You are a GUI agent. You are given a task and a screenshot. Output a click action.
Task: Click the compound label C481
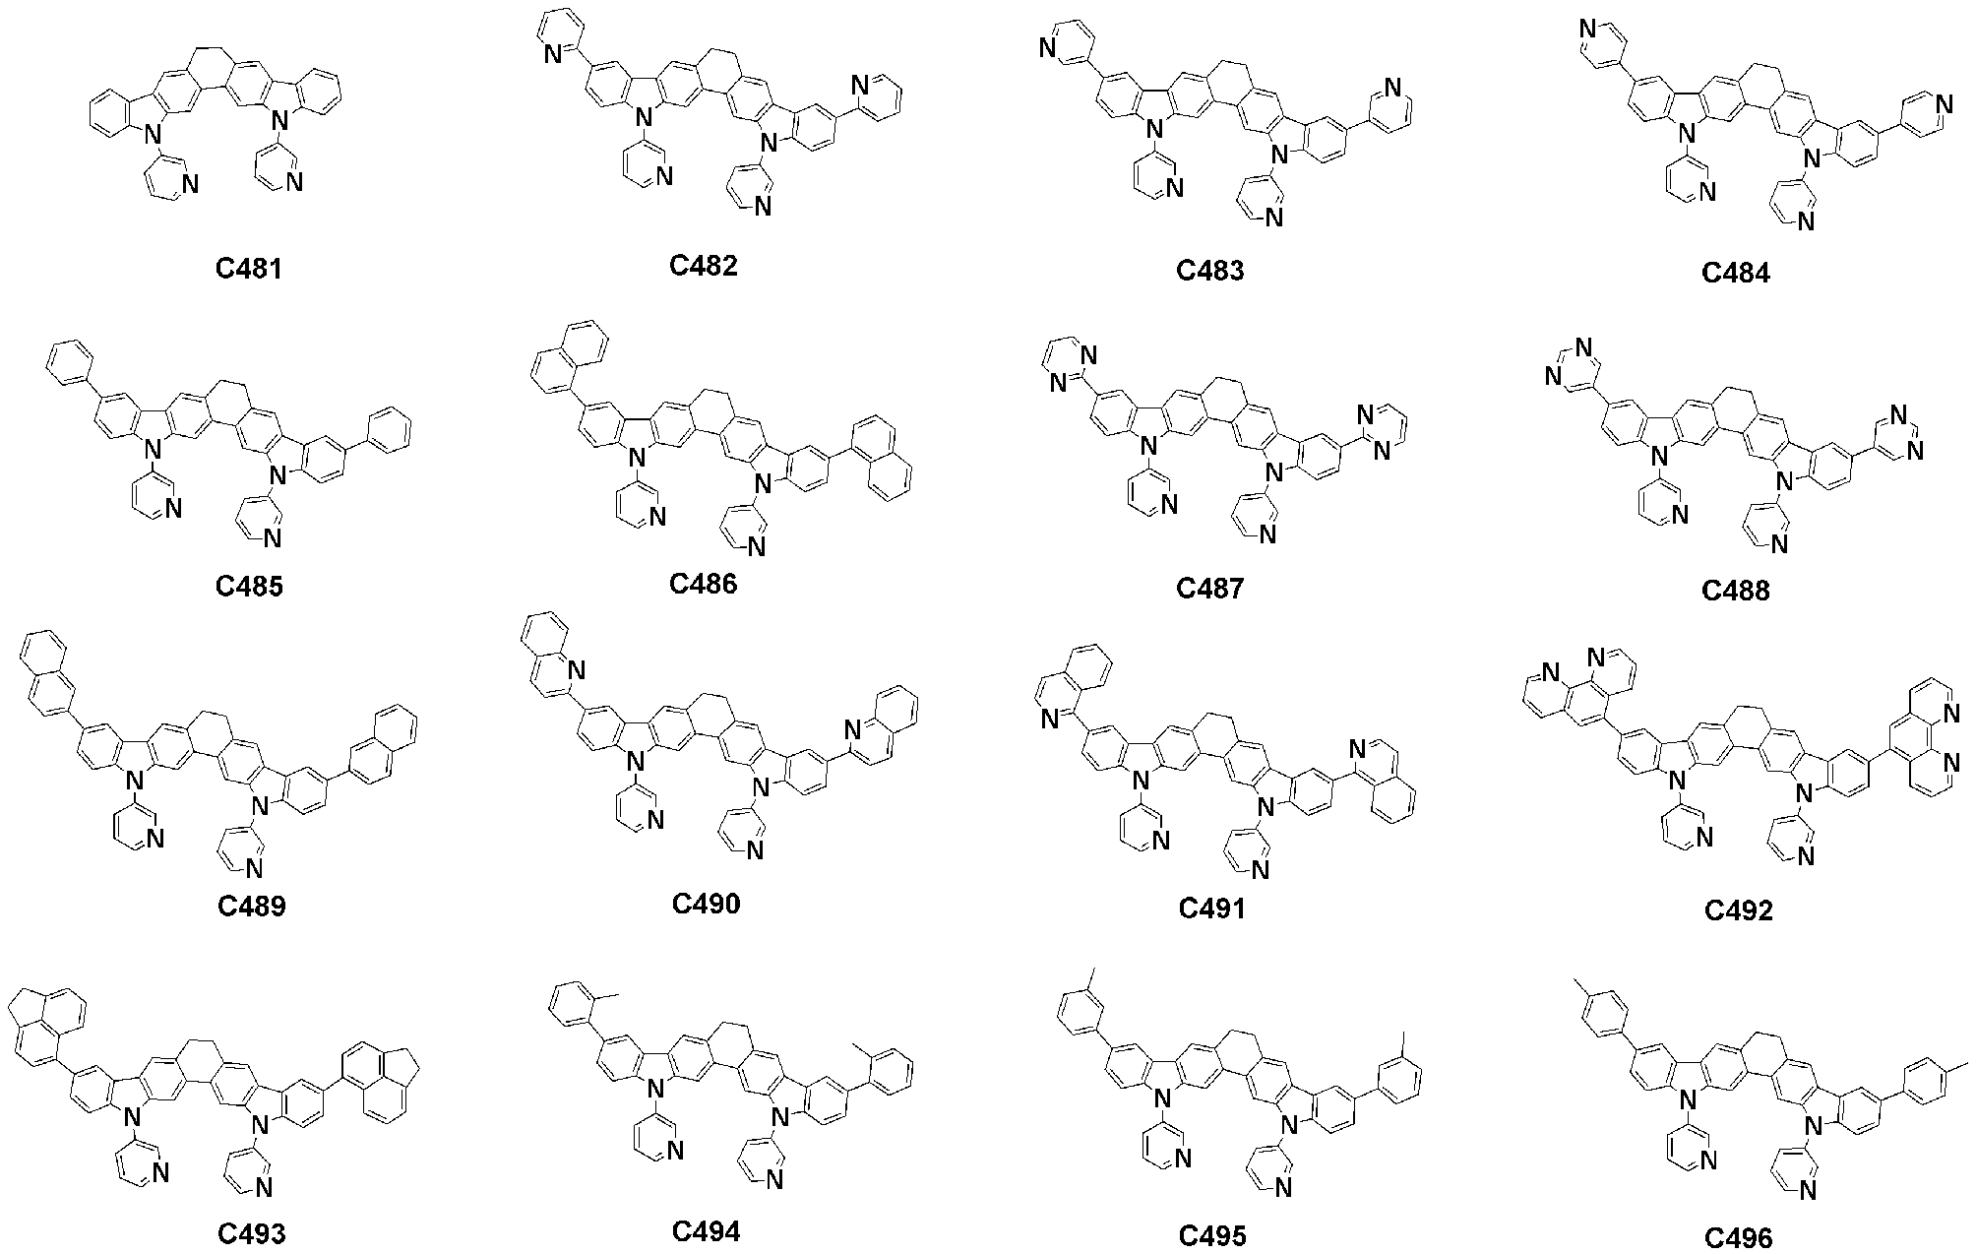point(249,268)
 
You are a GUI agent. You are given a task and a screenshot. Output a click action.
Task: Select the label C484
point(1736,273)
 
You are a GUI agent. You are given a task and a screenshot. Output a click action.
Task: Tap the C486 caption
point(703,584)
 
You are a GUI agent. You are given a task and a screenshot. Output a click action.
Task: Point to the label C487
point(1210,589)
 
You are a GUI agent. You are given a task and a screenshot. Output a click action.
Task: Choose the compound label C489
point(252,906)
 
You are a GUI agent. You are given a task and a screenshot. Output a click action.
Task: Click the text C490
point(706,903)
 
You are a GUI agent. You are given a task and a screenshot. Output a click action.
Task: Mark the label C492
point(1739,910)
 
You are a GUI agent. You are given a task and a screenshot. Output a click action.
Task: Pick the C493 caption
point(252,1232)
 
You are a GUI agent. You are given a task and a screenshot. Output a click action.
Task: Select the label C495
point(1212,1235)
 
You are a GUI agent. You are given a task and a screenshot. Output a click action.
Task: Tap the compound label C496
point(1739,1237)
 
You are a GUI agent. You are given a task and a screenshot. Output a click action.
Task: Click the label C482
point(703,265)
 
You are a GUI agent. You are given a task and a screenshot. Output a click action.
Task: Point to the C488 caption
point(1736,590)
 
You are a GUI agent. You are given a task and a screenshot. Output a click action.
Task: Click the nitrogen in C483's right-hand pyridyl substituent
point(1390,89)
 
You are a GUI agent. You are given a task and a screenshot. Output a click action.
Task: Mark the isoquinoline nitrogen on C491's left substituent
point(1050,720)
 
